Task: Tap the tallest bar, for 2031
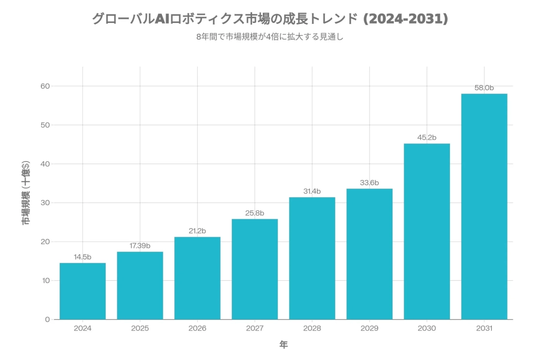coord(484,207)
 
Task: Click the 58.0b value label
coord(484,88)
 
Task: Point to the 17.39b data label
coord(140,246)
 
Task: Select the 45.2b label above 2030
coord(427,138)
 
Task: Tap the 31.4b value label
coord(312,191)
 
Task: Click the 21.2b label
coord(197,231)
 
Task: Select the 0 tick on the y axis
coord(47,319)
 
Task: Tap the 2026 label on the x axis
coord(197,328)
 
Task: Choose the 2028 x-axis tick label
coord(312,328)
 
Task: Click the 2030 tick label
coord(427,328)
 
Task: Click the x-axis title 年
coord(283,345)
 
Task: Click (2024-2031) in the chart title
coord(405,19)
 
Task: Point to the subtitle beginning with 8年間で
coord(270,37)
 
